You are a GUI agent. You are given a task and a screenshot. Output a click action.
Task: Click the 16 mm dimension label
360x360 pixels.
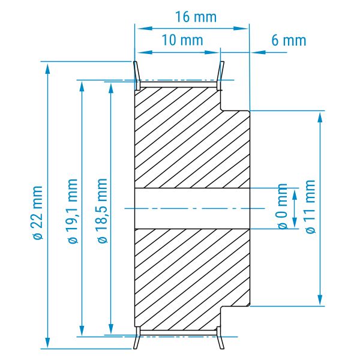click(196, 17)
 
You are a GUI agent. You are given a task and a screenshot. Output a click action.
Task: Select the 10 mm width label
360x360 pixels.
click(182, 40)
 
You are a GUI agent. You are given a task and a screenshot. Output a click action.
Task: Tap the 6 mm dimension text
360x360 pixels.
click(289, 40)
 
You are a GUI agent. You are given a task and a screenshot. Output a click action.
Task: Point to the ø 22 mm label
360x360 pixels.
click(37, 212)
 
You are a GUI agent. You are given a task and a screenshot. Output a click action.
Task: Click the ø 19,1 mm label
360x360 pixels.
click(73, 211)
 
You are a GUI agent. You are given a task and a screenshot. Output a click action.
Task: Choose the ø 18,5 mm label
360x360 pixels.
click(103, 211)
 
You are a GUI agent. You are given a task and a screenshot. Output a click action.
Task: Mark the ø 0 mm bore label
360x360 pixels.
click(283, 206)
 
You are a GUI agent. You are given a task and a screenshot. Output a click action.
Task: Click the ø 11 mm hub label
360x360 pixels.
click(310, 206)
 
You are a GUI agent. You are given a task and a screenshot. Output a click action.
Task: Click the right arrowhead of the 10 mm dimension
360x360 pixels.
click(212, 52)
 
